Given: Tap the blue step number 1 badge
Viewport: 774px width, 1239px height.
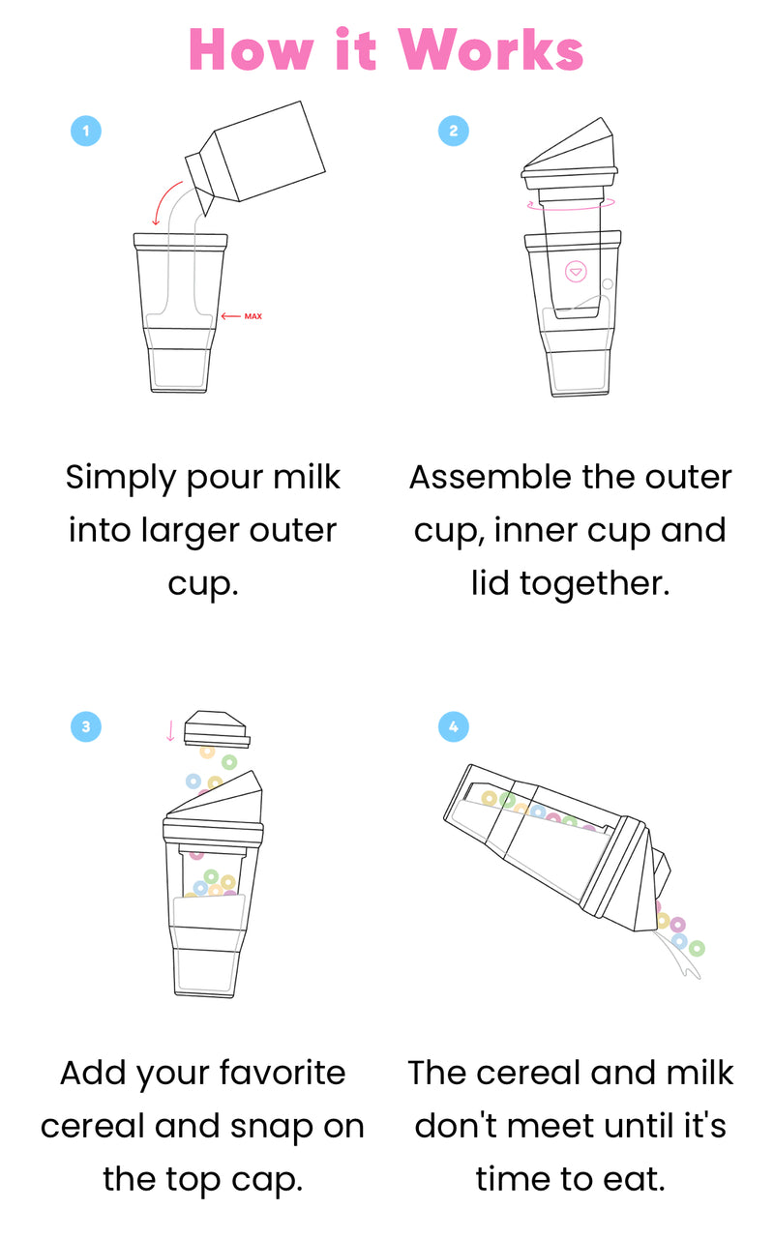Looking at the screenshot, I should (86, 131).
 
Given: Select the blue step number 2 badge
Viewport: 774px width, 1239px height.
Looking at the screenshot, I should (453, 131).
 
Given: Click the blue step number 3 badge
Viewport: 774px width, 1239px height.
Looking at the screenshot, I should (86, 727).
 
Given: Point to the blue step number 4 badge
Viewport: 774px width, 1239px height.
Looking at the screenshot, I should (453, 727).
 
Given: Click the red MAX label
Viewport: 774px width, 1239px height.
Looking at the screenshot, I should (253, 316).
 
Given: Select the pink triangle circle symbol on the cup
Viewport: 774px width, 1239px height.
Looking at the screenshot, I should (576, 272).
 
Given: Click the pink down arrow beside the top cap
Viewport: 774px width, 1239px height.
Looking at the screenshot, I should (171, 730).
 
